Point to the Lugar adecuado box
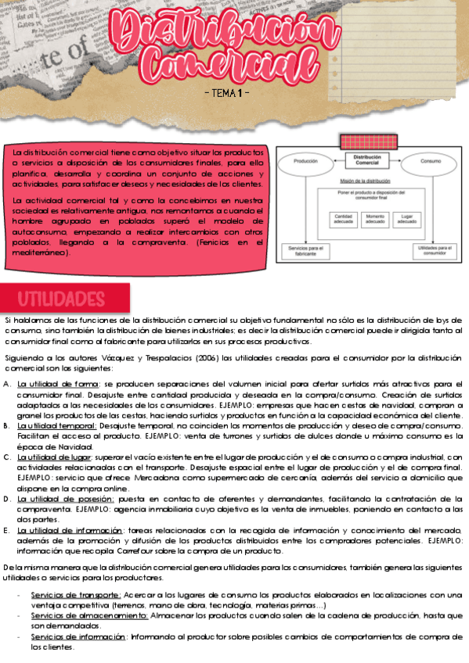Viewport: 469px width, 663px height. point(406,220)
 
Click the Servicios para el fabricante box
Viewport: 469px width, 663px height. point(304,251)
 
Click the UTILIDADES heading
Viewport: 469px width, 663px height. point(61,299)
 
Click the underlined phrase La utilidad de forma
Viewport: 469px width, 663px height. point(58,384)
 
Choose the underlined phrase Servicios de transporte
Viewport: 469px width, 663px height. point(75,595)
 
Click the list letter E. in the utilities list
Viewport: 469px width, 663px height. point(7,529)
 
